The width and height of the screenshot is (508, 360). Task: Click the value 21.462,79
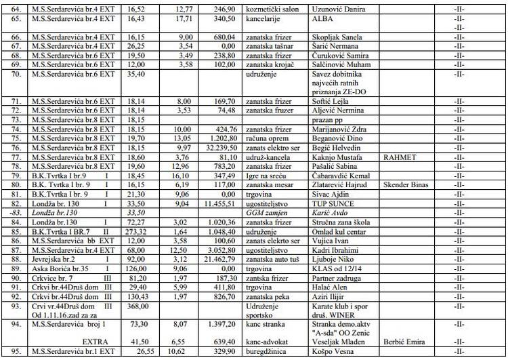[219, 258]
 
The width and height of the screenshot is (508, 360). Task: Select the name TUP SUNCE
[332, 203]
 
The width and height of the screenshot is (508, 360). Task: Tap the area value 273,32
[133, 231]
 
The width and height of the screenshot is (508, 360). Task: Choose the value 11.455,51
[219, 203]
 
